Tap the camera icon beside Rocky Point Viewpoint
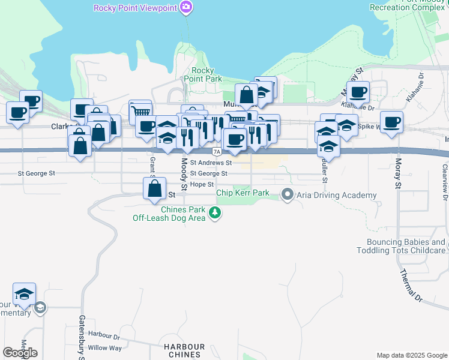coord(186,7)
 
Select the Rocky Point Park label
coord(203,74)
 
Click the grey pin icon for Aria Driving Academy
coord(288,194)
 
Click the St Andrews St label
coord(211,163)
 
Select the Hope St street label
coord(202,184)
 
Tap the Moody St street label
coord(184,169)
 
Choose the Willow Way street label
coord(104,348)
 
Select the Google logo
coord(20,352)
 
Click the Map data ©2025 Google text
coord(411,355)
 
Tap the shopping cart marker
coord(140,111)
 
